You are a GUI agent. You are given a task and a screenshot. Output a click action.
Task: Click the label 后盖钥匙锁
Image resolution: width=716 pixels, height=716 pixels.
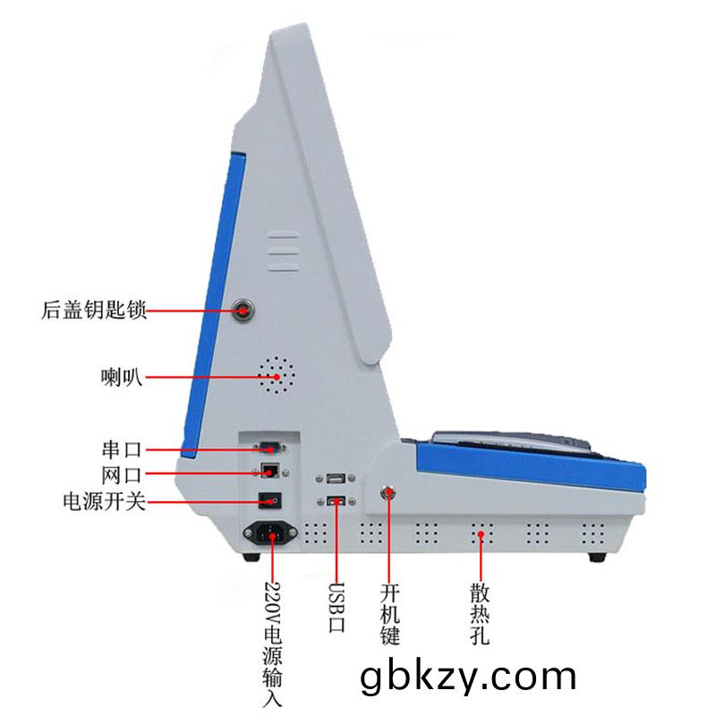click(94, 310)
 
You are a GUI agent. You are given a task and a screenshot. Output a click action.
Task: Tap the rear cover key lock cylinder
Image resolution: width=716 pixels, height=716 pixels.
click(243, 311)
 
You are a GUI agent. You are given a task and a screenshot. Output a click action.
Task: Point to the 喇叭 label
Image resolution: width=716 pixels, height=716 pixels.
click(121, 377)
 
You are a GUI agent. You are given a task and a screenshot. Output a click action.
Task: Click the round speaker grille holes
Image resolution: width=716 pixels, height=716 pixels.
click(277, 375)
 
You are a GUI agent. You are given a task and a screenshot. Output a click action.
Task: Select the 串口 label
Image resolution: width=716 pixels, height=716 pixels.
click(122, 450)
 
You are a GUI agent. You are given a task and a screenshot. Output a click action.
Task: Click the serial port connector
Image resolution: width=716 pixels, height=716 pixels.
click(270, 448)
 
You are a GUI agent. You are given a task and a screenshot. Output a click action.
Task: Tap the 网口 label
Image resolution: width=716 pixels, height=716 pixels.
click(122, 475)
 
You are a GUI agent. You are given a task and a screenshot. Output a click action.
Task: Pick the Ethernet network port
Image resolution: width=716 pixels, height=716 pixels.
click(270, 471)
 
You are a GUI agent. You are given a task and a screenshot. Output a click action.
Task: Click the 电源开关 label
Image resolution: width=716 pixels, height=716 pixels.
click(105, 501)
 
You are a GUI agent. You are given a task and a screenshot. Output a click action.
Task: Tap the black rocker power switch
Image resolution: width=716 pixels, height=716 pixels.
click(270, 500)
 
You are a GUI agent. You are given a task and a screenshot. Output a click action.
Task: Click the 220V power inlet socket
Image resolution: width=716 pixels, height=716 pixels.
click(270, 532)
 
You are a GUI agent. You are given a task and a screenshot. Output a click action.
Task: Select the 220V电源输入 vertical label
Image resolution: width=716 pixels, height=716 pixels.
click(272, 644)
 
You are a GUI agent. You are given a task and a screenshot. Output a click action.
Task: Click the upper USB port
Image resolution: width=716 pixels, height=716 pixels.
click(336, 478)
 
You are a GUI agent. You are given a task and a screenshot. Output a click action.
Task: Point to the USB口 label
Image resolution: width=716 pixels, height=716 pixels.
click(337, 608)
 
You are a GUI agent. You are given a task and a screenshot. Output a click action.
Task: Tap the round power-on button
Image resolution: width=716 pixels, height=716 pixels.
click(388, 494)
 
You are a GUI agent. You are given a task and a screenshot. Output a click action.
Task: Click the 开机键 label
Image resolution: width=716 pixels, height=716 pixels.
click(389, 614)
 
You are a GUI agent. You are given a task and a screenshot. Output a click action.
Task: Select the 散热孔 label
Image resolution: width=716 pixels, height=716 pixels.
click(480, 614)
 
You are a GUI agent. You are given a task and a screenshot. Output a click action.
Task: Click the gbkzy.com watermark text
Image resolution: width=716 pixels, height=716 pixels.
click(468, 678)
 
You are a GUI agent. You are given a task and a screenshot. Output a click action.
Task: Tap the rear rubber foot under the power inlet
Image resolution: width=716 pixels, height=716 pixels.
click(251, 557)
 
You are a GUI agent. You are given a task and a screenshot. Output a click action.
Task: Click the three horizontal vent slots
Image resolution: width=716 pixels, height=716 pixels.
click(284, 251)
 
